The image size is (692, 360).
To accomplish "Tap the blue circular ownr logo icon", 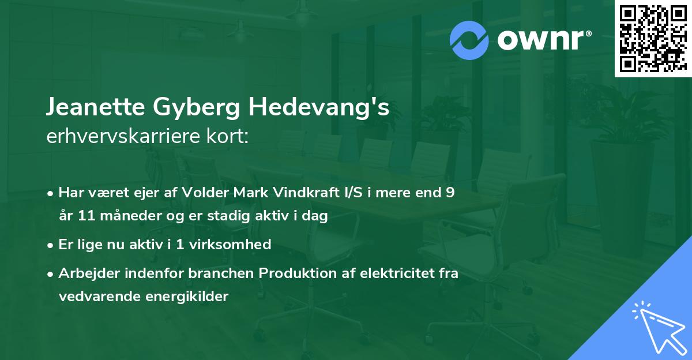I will click(x=469, y=40).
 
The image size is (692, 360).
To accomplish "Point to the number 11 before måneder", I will click(x=88, y=217).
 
